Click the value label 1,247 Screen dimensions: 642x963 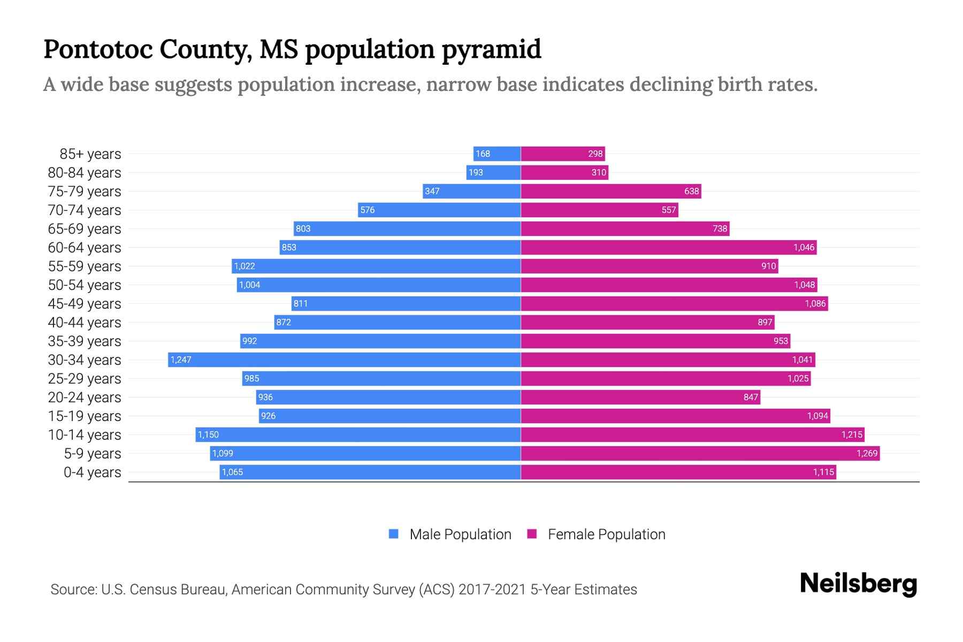(x=181, y=360)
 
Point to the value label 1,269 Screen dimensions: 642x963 (x=867, y=453)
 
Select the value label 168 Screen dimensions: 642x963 (x=483, y=154)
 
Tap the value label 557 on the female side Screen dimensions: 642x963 (x=669, y=210)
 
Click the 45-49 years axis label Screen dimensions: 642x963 (x=85, y=303)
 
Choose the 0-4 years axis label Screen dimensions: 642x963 (x=92, y=472)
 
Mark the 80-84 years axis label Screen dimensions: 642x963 (x=85, y=172)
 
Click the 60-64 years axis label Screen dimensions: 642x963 (x=85, y=247)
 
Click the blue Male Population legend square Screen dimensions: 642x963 (x=394, y=534)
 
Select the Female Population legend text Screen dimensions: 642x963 (x=606, y=534)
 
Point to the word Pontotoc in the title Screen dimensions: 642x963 (x=97, y=49)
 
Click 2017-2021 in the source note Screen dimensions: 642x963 (x=492, y=589)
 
